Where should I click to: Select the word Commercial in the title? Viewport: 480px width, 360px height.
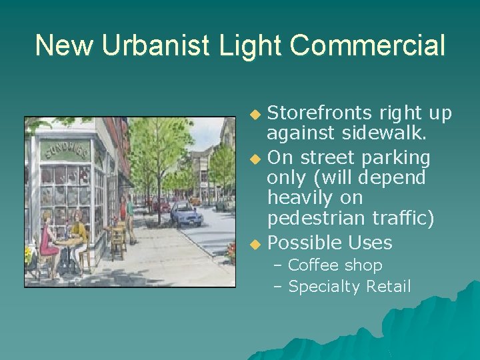pyautogui.click(x=369, y=46)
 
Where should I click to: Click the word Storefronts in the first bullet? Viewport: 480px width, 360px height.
pyautogui.click(x=326, y=113)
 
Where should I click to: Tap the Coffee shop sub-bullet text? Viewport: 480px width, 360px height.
pyautogui.click(x=335, y=265)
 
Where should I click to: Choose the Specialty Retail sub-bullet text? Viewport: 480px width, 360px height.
pyautogui.click(x=349, y=287)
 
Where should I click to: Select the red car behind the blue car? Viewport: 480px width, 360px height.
pyautogui.click(x=160, y=204)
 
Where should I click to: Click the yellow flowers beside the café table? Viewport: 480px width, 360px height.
pyautogui.click(x=29, y=255)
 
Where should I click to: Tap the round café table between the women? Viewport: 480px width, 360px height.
pyautogui.click(x=65, y=245)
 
